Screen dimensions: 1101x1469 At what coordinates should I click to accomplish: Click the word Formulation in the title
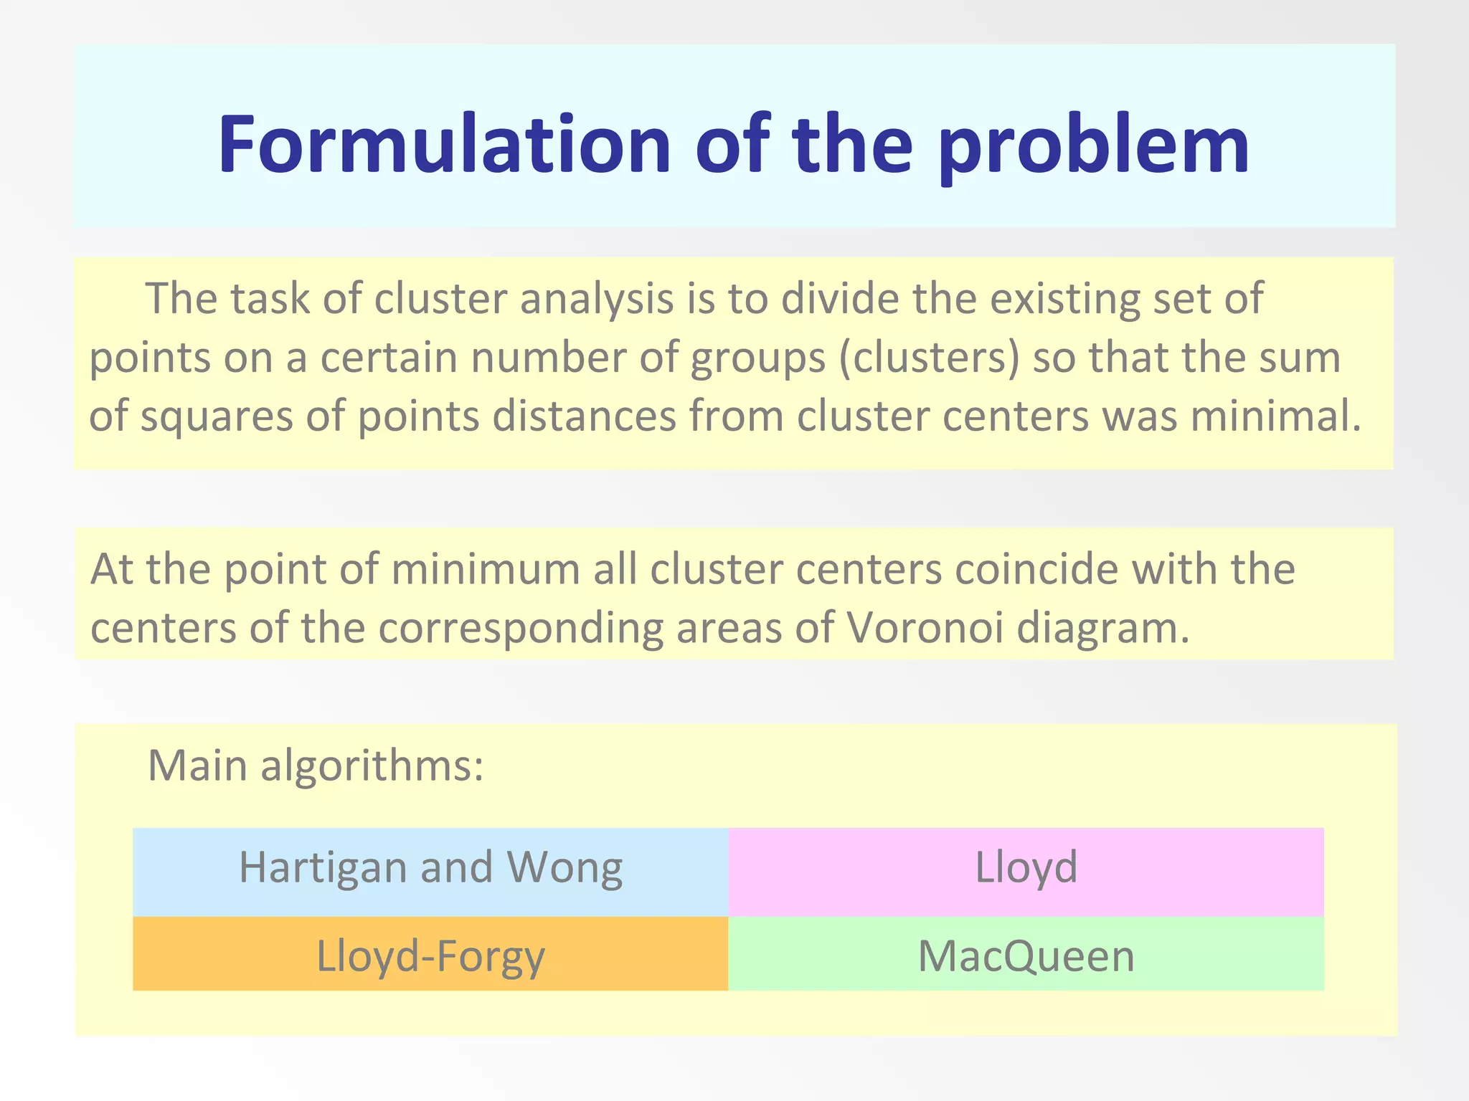tap(445, 145)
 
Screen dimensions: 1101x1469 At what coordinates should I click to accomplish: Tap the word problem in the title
tap(1093, 145)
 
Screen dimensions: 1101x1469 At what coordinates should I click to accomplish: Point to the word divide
tap(840, 299)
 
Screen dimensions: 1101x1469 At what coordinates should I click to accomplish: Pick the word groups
tap(757, 358)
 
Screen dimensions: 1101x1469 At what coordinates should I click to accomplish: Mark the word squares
tap(217, 416)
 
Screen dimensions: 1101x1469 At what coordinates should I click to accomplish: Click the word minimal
tap(1276, 416)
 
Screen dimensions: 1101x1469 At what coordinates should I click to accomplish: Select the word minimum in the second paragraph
tap(486, 570)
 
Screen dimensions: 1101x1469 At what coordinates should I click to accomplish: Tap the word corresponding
tap(521, 629)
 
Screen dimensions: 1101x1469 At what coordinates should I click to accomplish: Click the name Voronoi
tap(925, 629)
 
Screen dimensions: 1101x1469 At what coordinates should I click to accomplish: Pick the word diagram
tap(1103, 629)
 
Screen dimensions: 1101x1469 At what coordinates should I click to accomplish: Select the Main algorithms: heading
tap(316, 766)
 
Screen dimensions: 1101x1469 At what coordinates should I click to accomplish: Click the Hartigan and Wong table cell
tap(430, 872)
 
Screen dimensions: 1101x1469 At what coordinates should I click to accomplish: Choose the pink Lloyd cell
tap(1026, 872)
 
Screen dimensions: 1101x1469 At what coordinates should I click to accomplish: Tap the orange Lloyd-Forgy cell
tap(430, 955)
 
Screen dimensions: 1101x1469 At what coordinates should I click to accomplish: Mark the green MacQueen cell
tap(1026, 955)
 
